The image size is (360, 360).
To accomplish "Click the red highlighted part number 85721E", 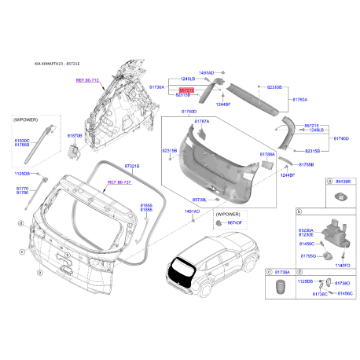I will (186, 90).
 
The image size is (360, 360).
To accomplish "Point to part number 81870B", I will (75, 136).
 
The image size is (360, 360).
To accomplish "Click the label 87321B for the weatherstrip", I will (132, 167).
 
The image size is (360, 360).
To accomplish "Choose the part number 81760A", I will (300, 101).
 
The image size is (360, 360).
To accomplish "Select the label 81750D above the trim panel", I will (189, 112).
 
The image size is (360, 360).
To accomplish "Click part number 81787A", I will (202, 122).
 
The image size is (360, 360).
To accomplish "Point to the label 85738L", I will (200, 200).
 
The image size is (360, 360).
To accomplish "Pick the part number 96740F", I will (236, 224).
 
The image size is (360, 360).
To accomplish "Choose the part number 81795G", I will (308, 256).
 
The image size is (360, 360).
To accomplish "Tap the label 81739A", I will (284, 271).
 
